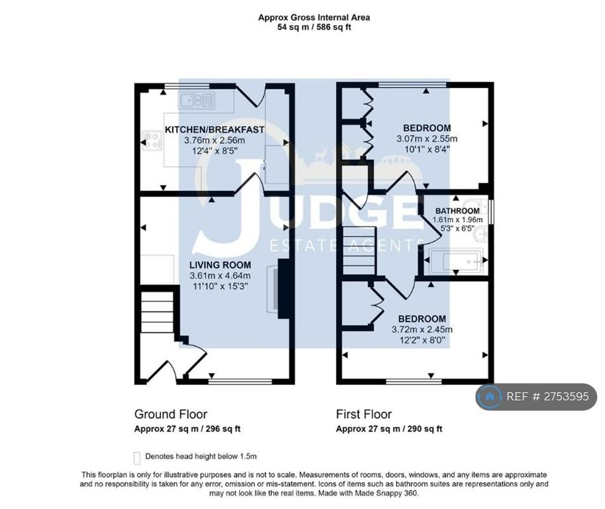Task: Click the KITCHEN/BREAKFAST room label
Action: coord(215,130)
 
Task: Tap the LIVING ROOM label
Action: coord(220,265)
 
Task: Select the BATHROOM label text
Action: coord(458,211)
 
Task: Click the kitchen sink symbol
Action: coord(197,101)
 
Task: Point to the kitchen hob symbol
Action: coord(152,141)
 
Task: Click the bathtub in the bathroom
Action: coord(455,261)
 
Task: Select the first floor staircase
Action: coord(359,250)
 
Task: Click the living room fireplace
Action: coord(278,289)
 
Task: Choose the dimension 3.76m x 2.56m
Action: coord(215,141)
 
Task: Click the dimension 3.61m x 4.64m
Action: coord(220,276)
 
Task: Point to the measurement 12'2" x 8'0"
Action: coord(422,341)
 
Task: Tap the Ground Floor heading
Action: coord(170,414)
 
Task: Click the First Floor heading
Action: coord(364,414)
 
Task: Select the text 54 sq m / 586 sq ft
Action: coord(314,27)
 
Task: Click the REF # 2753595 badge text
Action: coord(547,396)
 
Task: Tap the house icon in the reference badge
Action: coord(489,396)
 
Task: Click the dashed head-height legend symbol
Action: coord(137,458)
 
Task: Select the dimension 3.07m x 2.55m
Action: coord(427,139)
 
